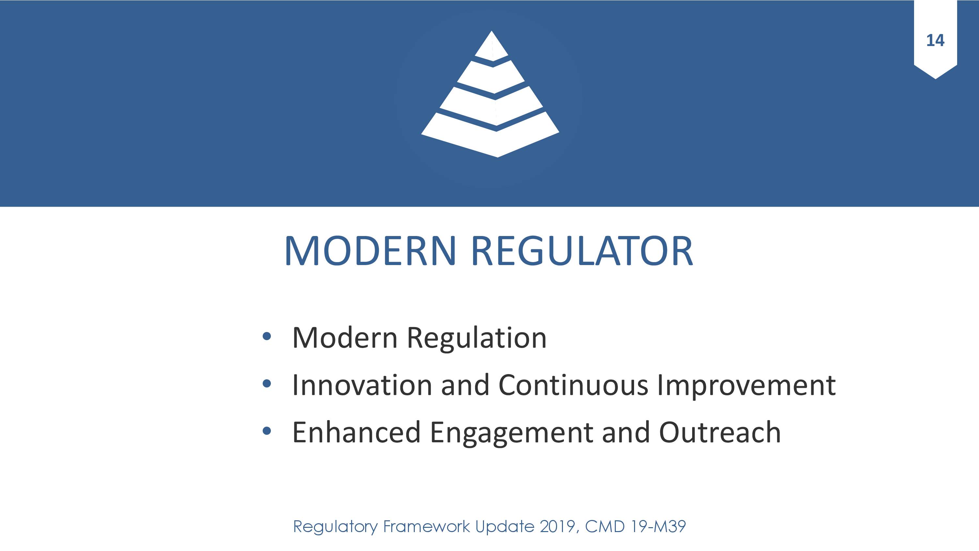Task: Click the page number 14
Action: pyautogui.click(x=935, y=40)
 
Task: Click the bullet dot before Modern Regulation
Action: pyautogui.click(x=267, y=336)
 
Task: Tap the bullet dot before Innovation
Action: pyautogui.click(x=267, y=384)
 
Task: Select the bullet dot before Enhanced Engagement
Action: pyautogui.click(x=267, y=431)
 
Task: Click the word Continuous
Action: pyautogui.click(x=573, y=385)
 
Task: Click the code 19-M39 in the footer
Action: pyautogui.click(x=658, y=527)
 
